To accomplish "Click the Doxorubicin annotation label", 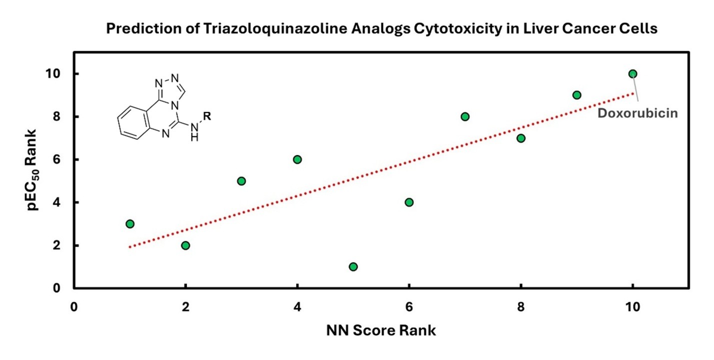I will point(637,113).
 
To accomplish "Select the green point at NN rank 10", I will point(632,74).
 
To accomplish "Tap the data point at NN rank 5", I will point(353,266).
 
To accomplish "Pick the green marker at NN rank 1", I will point(130,223).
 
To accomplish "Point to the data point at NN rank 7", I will point(465,116).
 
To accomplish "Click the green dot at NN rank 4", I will point(297,159).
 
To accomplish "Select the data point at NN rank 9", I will point(576,95).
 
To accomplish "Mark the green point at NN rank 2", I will point(185,245).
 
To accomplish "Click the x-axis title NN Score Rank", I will point(381,330).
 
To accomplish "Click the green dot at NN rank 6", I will point(409,202).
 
